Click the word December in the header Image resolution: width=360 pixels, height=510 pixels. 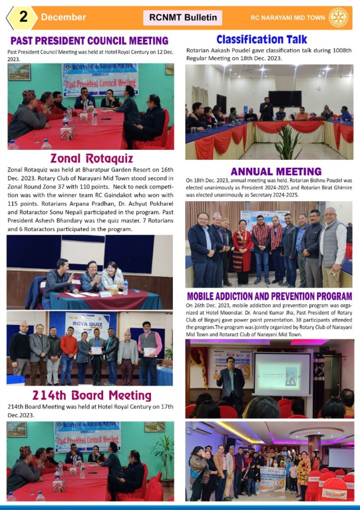click(x=63, y=17)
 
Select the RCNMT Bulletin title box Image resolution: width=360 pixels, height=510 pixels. click(x=183, y=18)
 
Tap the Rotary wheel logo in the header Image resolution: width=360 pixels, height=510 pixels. click(x=339, y=17)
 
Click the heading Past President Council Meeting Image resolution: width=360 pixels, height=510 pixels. click(x=90, y=41)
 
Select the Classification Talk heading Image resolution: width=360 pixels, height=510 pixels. click(x=262, y=39)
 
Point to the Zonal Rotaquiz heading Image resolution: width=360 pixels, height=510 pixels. click(x=91, y=158)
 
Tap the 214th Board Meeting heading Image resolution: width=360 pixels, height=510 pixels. click(x=92, y=395)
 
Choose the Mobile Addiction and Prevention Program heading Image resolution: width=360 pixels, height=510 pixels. click(x=269, y=296)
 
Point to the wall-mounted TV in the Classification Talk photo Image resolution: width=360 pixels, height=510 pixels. click(x=285, y=98)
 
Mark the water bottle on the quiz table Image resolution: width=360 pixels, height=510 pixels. click(x=125, y=286)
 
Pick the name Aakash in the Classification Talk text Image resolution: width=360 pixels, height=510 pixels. click(x=224, y=51)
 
